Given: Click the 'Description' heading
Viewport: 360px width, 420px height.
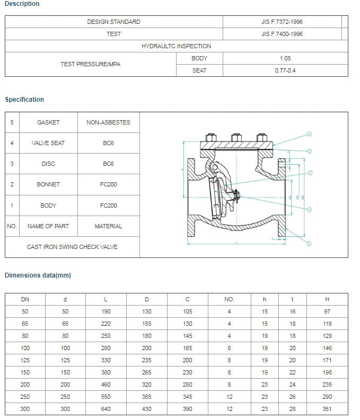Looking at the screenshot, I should tap(22, 4).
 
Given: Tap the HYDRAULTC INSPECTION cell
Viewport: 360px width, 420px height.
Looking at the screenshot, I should tap(176, 46).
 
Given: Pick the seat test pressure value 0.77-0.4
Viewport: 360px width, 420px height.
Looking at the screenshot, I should tap(285, 70).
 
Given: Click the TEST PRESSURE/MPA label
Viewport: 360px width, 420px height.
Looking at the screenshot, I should tap(90, 64).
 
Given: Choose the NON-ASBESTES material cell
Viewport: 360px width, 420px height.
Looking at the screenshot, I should tap(108, 122).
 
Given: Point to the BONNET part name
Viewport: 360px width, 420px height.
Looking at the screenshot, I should tap(48, 184).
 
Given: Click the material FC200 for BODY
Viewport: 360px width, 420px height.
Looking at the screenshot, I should tap(108, 205).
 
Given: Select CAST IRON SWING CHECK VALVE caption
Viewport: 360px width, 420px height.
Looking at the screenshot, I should tap(72, 247).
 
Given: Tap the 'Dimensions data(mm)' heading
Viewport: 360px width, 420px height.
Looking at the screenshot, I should tap(38, 275).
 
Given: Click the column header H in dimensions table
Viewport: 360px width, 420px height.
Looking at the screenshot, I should tap(327, 299).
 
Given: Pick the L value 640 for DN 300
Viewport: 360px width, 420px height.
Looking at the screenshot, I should tap(106, 409).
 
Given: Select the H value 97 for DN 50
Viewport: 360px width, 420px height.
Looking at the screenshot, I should tap(327, 311).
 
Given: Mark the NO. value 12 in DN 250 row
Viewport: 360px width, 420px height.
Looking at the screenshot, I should tap(229, 397).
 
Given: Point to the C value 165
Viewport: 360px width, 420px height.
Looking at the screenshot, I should tap(187, 348).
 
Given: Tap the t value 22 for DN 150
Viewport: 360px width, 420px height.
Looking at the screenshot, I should tap(293, 372).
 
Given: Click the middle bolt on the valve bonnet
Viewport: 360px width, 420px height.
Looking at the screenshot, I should tap(234, 138).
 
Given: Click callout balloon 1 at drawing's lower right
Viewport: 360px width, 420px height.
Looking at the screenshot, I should tap(309, 244).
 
